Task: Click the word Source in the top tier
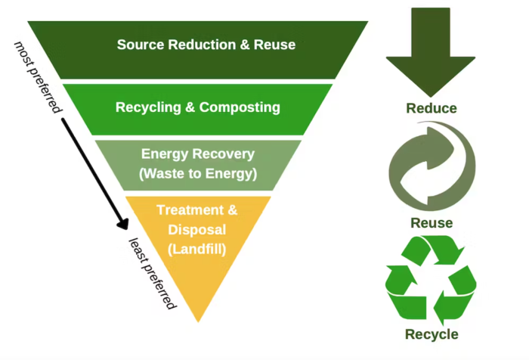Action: [x=141, y=45]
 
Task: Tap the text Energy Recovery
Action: [x=198, y=154]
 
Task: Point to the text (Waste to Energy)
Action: [x=198, y=173]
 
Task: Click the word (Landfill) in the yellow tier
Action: [x=197, y=247]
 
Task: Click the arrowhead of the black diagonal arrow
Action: [x=122, y=225]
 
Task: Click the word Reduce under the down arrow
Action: [x=432, y=108]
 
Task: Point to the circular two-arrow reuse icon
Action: [x=432, y=168]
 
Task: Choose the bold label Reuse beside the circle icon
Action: [x=432, y=223]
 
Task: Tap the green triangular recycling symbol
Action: [x=432, y=278]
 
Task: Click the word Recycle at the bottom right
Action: [x=432, y=334]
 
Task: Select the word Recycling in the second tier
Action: [x=148, y=107]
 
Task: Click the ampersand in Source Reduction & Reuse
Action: [x=247, y=45]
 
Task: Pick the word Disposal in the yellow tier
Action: [x=197, y=228]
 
